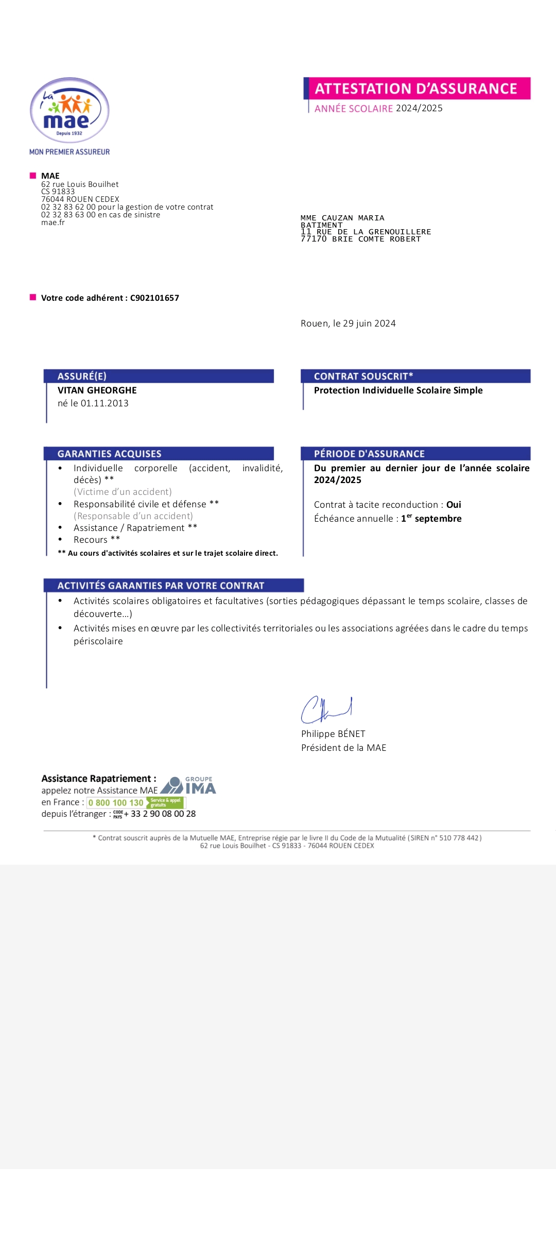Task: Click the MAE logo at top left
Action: [69, 111]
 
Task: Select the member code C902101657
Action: [154, 298]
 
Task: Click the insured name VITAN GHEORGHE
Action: [97, 390]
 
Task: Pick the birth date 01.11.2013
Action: [105, 403]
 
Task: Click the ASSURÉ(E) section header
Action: [82, 376]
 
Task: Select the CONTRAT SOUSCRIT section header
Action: [363, 376]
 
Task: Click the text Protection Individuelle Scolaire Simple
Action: [398, 390]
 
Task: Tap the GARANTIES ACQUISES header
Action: [110, 454]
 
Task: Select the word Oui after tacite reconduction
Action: [454, 505]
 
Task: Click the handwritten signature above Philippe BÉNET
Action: [326, 710]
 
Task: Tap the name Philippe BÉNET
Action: [333, 734]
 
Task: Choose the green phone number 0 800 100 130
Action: [116, 803]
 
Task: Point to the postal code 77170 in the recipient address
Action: [314, 239]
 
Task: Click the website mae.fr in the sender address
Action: [53, 222]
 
